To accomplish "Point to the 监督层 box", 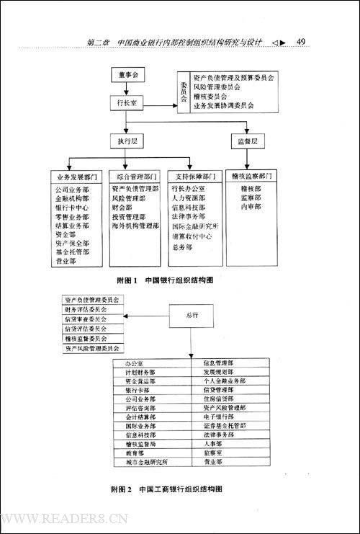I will pos(246,141).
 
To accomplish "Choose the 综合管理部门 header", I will pos(135,176).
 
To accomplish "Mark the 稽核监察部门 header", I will pos(253,176).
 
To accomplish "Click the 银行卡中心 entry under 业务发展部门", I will pos(71,206).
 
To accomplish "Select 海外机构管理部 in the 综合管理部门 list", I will pos(135,225).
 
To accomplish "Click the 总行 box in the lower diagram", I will pos(192,315).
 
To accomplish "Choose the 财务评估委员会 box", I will pos(90,308).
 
